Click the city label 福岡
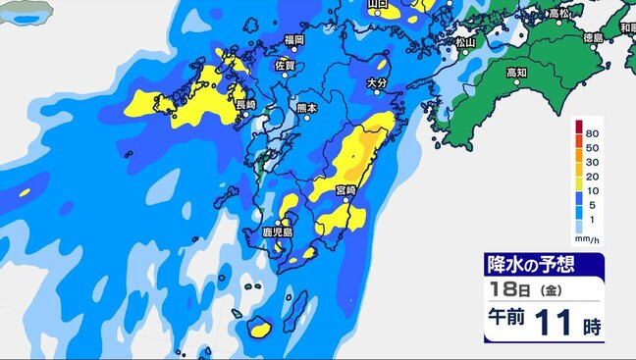tap(293, 40)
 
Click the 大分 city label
tap(376, 84)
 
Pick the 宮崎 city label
tap(344, 188)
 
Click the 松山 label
tap(465, 43)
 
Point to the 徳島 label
tap(592, 38)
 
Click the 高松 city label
tap(560, 13)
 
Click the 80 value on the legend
tap(591, 131)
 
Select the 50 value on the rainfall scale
tap(591, 146)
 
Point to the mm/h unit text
tap(587, 238)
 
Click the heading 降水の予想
tap(530, 265)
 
